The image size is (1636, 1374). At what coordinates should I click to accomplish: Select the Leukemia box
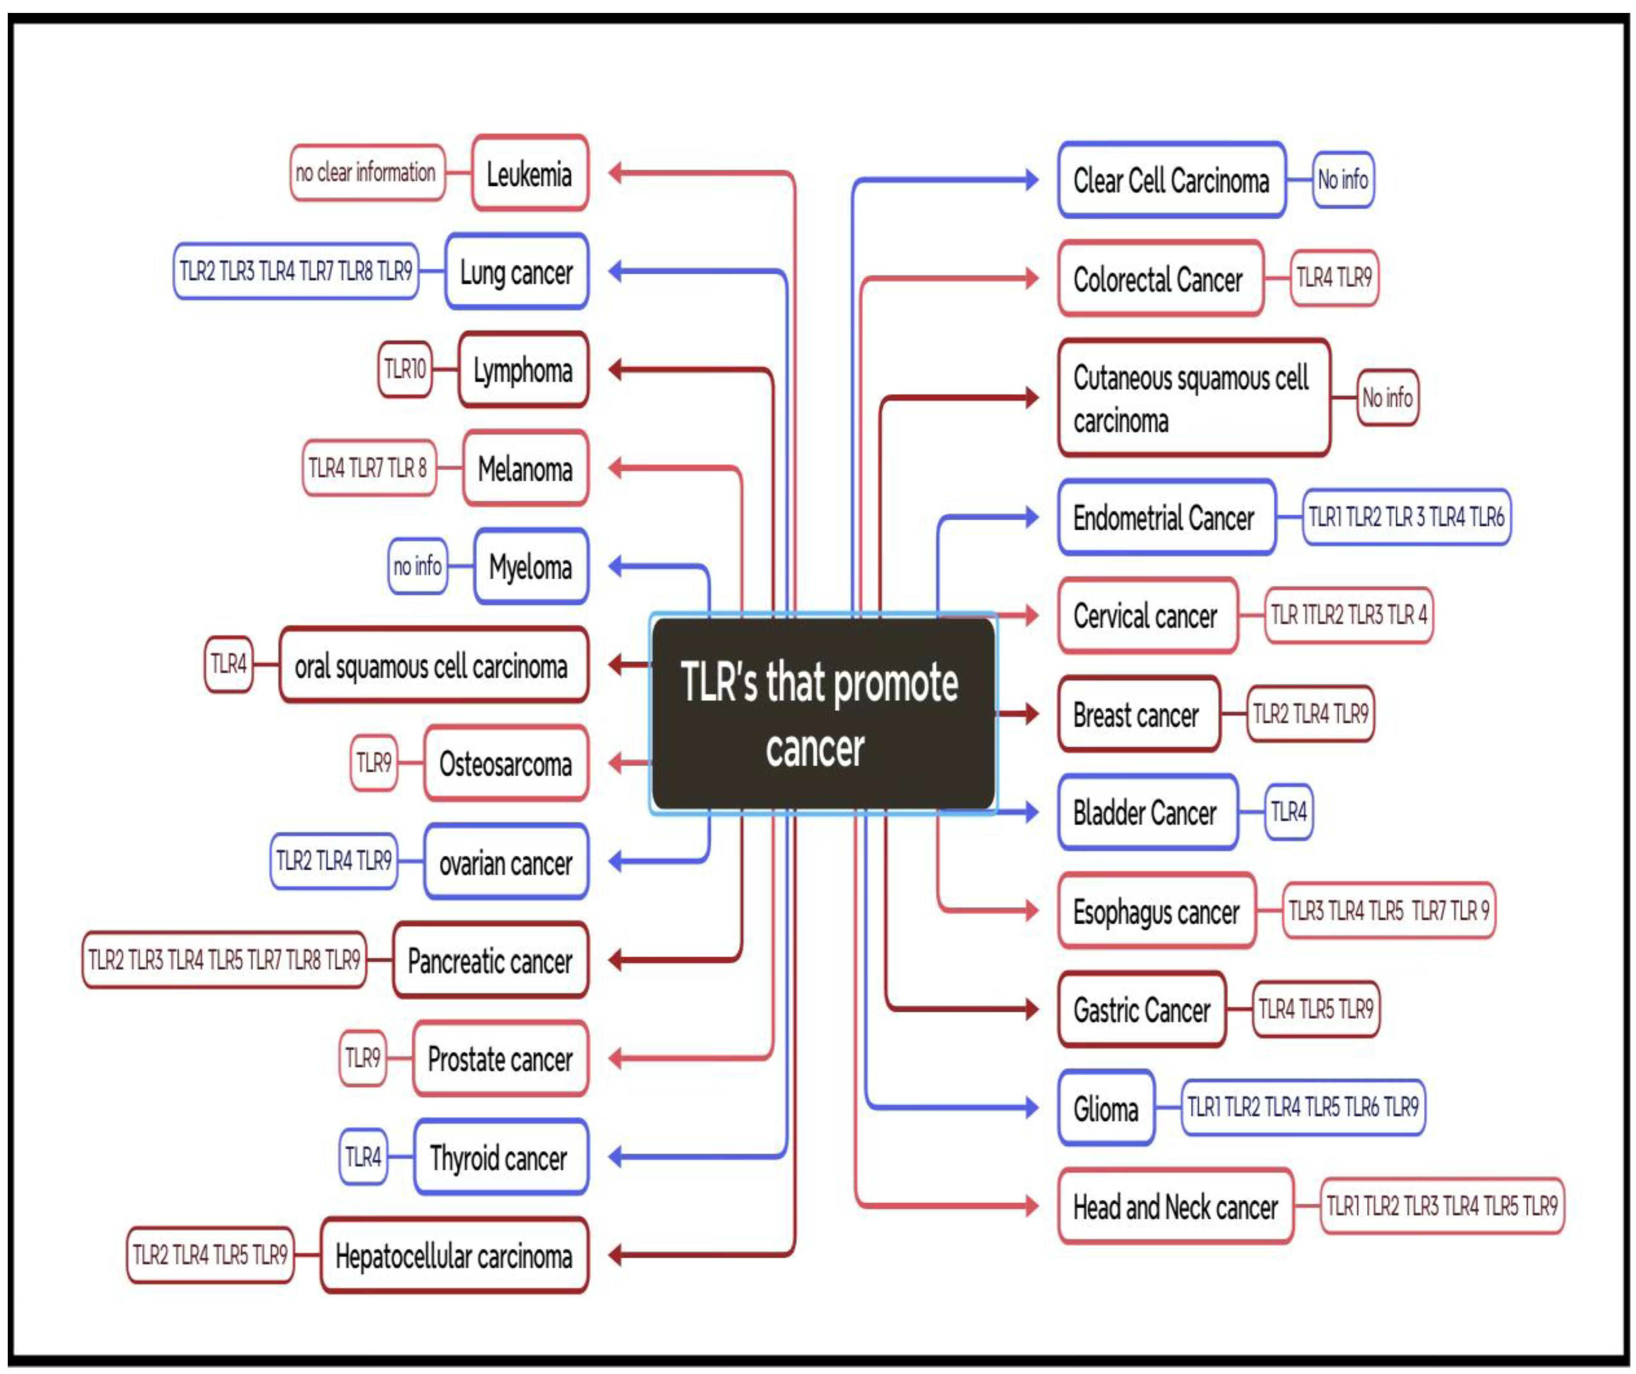point(530,173)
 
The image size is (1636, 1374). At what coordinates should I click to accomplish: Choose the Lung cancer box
point(516,271)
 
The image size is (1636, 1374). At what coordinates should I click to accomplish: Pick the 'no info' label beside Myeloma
point(418,566)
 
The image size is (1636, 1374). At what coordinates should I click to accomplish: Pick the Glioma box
point(1105,1107)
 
